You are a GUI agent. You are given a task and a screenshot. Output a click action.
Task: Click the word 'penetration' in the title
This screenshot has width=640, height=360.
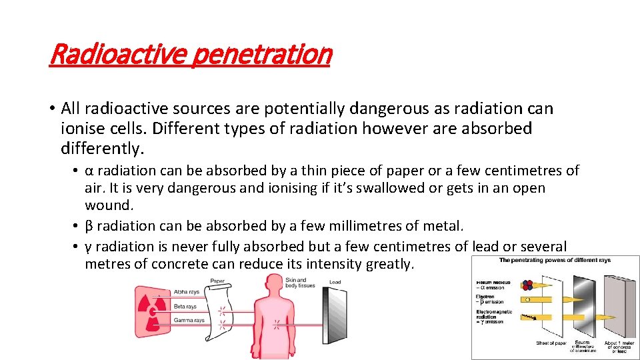coord(261,55)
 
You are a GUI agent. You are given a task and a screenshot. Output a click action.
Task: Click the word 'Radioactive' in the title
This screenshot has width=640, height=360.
coord(117,55)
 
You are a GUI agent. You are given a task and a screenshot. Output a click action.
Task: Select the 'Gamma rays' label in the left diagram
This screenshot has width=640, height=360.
coord(189,320)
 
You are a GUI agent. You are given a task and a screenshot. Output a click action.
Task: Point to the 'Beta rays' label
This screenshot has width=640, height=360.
coord(185,307)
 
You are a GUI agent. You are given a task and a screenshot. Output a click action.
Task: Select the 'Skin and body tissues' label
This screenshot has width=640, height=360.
coord(296,283)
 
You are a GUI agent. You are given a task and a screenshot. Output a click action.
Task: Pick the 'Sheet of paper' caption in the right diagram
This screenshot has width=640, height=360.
coord(550,343)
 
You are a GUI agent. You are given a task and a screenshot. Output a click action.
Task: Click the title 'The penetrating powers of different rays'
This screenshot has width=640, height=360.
coord(555,260)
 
